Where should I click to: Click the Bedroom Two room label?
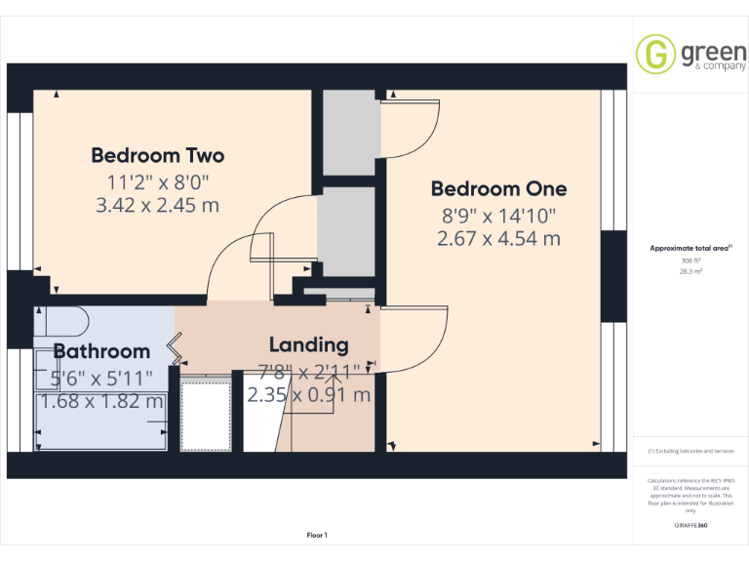(x=157, y=155)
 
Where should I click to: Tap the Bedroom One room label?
(x=498, y=188)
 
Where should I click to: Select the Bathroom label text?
(x=101, y=351)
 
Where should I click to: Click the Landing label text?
(x=308, y=344)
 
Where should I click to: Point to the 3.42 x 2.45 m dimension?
(x=157, y=205)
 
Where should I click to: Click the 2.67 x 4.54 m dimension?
(x=498, y=238)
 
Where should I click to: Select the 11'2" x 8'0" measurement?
(x=157, y=181)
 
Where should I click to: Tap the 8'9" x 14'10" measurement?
(x=498, y=214)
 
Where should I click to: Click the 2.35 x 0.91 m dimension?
(x=308, y=395)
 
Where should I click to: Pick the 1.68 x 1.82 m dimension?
(x=101, y=401)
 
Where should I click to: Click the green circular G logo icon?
(x=655, y=54)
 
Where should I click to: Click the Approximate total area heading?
(x=690, y=249)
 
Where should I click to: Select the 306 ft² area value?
(x=690, y=261)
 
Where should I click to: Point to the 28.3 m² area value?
(x=690, y=273)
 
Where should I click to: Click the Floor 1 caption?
(x=317, y=535)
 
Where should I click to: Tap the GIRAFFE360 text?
(x=690, y=526)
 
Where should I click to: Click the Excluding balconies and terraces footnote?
(x=690, y=451)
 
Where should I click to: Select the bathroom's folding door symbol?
(x=176, y=344)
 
